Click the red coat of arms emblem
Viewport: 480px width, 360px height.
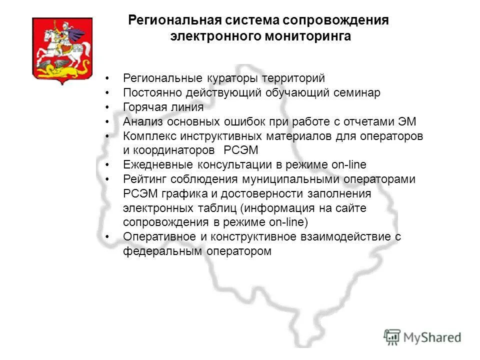tap(62, 49)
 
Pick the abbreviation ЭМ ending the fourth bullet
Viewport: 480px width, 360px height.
tap(407, 121)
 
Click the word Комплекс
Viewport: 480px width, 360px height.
tap(148, 136)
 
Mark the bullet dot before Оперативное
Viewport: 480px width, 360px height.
tap(107, 237)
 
